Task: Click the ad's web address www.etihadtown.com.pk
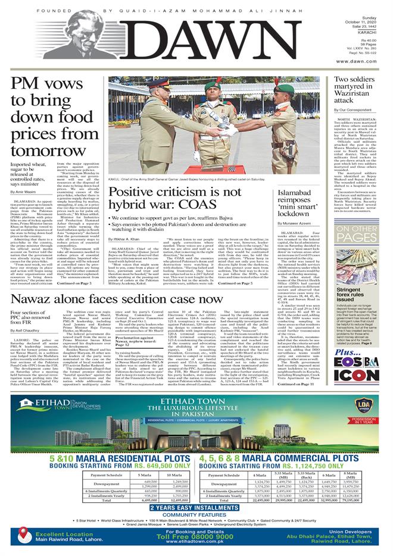coord(196,543)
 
